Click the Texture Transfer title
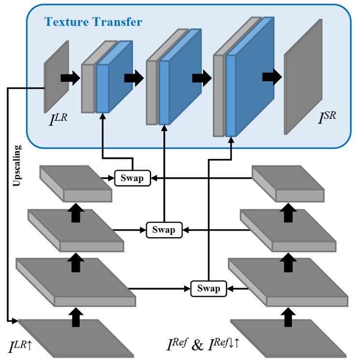[x=93, y=22]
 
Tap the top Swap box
[x=132, y=178]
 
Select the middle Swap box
[x=164, y=230]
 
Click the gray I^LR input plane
[x=56, y=77]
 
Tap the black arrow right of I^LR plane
[x=70, y=78]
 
